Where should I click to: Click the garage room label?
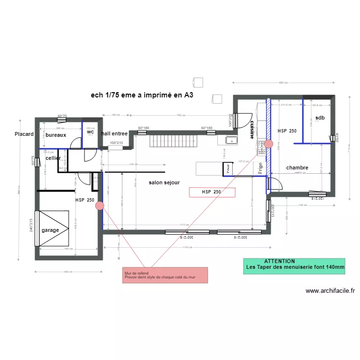(x=50, y=230)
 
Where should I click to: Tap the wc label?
(x=90, y=132)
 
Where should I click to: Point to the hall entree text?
(x=114, y=133)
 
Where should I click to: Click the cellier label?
(x=53, y=158)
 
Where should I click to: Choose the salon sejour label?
(x=164, y=183)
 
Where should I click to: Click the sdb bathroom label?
(x=320, y=118)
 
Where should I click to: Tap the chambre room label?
(x=297, y=168)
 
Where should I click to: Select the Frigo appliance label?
(x=260, y=168)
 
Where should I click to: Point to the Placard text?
(x=24, y=134)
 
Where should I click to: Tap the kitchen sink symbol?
(x=231, y=140)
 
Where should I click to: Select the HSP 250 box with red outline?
(x=212, y=192)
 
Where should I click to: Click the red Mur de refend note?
(x=165, y=275)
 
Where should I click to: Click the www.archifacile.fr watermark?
(x=330, y=290)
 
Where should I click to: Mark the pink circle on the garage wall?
(x=100, y=206)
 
